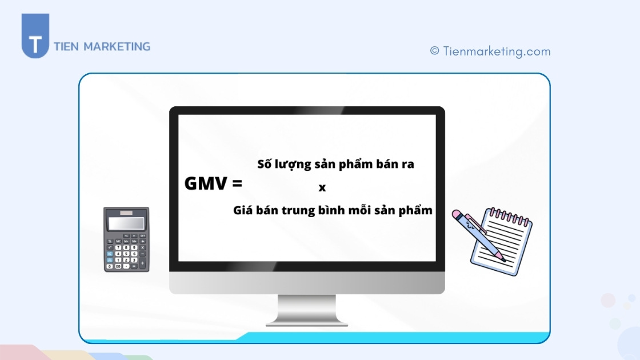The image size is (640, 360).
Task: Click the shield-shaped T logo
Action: coord(35,37)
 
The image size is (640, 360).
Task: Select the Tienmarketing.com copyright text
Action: coord(497,51)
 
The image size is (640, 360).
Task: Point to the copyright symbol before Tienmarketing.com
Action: coord(435,51)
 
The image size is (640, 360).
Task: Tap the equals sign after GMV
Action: coord(237,184)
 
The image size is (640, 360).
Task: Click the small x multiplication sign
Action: coord(322,187)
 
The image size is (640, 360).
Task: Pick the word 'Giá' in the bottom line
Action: coord(244,210)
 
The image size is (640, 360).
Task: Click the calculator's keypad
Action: coord(126,252)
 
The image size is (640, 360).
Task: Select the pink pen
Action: coord(477,234)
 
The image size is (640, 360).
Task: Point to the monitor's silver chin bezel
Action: coord(307,283)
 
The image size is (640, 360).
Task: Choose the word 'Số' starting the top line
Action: coord(265,164)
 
